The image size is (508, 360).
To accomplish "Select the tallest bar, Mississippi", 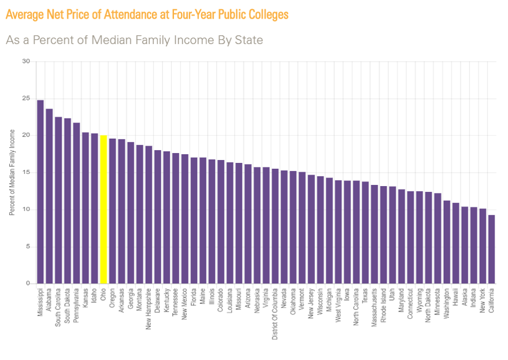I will [x=40, y=192].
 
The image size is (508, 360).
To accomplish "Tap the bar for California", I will [x=491, y=249].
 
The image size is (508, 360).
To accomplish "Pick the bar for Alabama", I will [x=49, y=196].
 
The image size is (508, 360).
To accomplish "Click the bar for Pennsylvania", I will [x=76, y=203].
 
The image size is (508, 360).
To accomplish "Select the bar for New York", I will [x=483, y=246].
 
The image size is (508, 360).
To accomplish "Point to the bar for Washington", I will [x=446, y=242].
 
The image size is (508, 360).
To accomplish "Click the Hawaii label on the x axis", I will [x=455, y=297].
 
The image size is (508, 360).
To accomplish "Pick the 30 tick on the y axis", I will [x=26, y=61].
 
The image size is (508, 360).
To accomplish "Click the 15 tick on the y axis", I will [x=26, y=173].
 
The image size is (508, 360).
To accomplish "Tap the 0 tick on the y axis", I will [x=28, y=284].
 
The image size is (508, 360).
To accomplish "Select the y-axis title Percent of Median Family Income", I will [x=12, y=173].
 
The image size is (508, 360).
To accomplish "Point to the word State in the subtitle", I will [x=249, y=40].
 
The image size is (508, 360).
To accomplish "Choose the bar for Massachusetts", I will [x=374, y=235].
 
